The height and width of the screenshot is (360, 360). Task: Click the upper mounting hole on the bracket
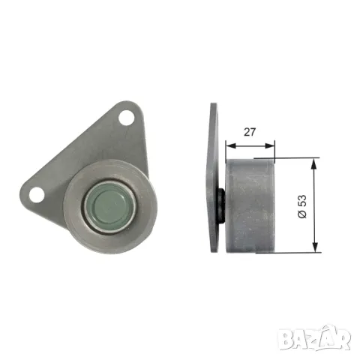tap(125, 118)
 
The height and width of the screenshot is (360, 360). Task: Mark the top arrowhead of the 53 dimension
tap(316, 160)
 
